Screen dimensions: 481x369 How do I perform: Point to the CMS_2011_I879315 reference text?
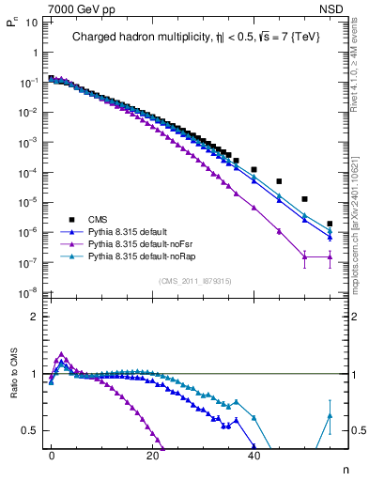pyautogui.click(x=195, y=281)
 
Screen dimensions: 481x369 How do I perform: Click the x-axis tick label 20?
pyautogui.click(x=152, y=455)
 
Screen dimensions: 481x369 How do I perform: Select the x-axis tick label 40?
pyautogui.click(x=254, y=455)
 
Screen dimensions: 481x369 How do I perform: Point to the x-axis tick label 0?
pyautogui.click(x=52, y=455)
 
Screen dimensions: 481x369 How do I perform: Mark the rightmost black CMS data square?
pyautogui.click(x=330, y=224)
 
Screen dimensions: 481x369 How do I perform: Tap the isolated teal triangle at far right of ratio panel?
pyautogui.click(x=330, y=415)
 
